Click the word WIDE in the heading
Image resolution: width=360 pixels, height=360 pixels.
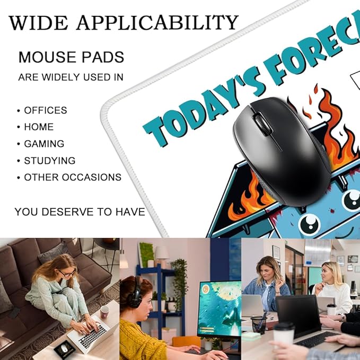click(39, 23)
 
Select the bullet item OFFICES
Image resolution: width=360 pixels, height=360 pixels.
click(45, 110)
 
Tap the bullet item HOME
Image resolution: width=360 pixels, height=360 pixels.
click(39, 127)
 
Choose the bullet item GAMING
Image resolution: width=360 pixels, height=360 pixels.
click(44, 144)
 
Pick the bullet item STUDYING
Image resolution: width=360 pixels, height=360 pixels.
click(50, 161)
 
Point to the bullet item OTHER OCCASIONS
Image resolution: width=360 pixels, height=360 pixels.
click(73, 178)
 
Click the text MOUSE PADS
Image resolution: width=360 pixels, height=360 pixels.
click(71, 57)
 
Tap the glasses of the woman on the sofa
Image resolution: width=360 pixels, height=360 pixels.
click(66, 273)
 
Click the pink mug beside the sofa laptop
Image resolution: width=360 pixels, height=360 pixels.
click(104, 311)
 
